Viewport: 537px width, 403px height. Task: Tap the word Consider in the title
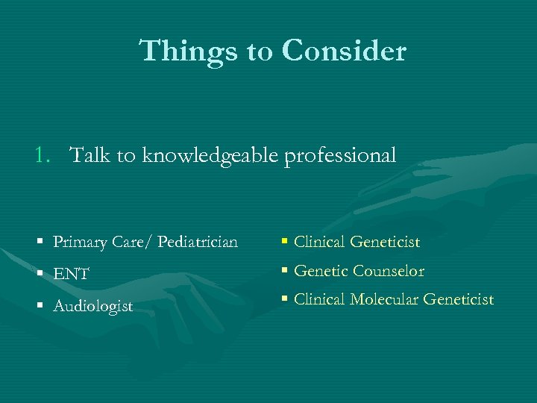click(344, 51)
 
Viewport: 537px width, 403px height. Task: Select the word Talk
click(90, 155)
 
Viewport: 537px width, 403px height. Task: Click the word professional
click(340, 156)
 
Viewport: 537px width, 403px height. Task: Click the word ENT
click(72, 275)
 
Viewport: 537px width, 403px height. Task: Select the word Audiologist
click(92, 307)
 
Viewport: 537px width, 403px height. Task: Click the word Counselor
click(389, 271)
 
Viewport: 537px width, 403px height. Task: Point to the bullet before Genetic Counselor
click(286, 272)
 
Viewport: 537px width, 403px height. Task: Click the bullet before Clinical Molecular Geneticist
click(286, 300)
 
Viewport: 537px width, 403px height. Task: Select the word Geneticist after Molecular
click(458, 299)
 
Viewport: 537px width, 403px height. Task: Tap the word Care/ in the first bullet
click(132, 243)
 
